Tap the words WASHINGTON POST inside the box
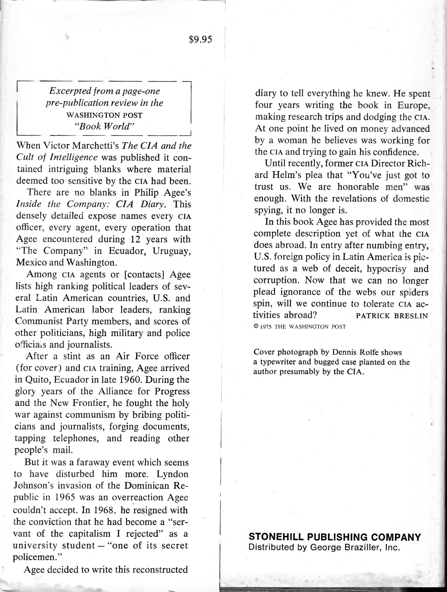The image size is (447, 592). [105, 115]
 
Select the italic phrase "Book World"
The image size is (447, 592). [104, 127]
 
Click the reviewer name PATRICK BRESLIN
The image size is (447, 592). [392, 316]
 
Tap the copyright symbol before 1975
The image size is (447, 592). [256, 327]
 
